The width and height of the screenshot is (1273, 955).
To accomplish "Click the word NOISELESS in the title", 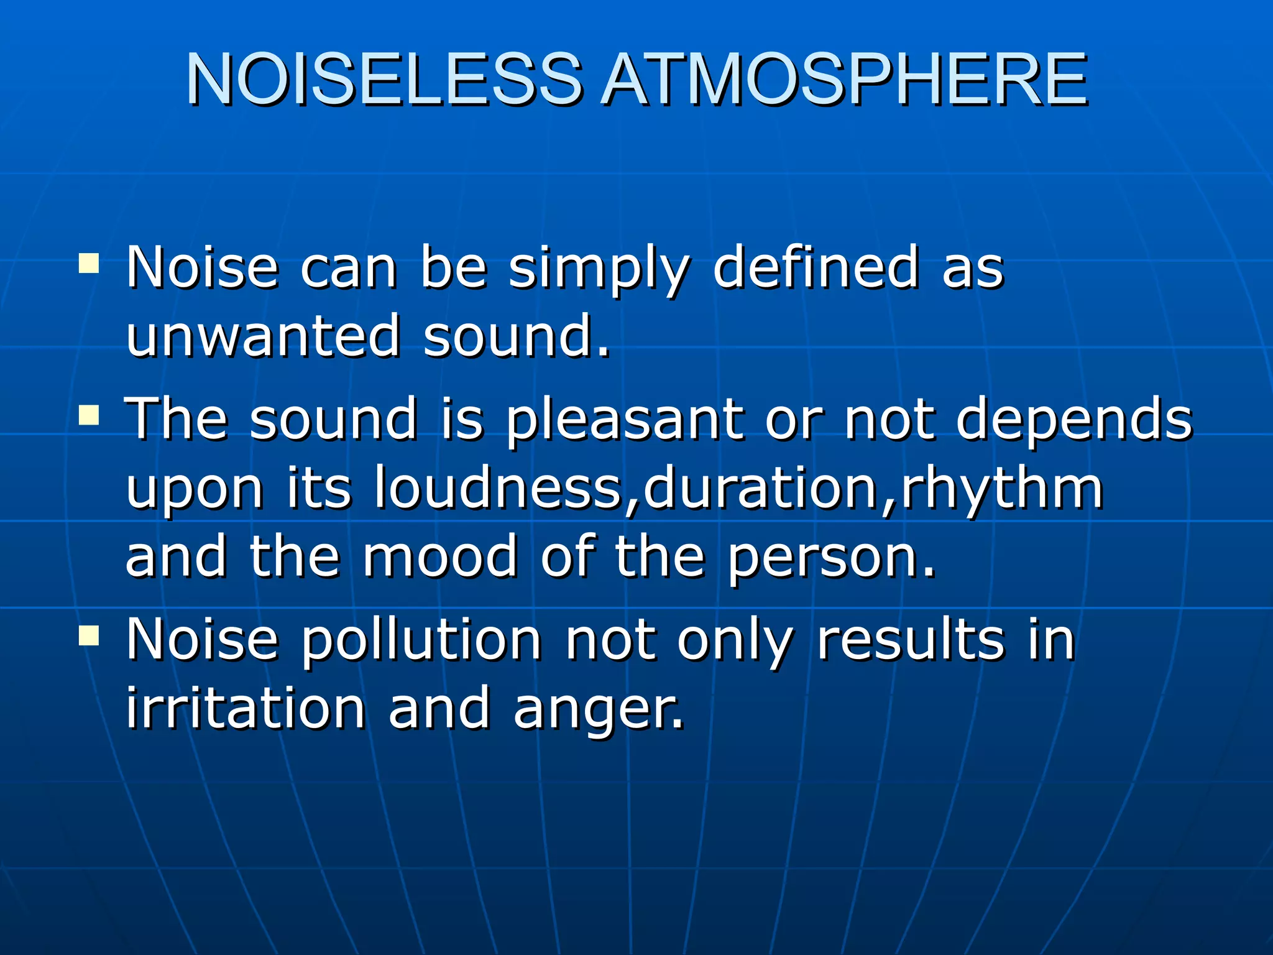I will pyautogui.click(x=384, y=80).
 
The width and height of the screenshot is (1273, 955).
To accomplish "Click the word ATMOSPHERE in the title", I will pyautogui.click(x=844, y=80).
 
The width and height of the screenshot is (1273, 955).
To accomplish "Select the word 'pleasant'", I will pyautogui.click(x=623, y=420).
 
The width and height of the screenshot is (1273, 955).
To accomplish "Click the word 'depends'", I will pyautogui.click(x=1073, y=420).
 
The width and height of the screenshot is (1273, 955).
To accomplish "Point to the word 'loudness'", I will pyautogui.click(x=498, y=487).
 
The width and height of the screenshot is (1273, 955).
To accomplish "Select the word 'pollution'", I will pyautogui.click(x=421, y=642).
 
